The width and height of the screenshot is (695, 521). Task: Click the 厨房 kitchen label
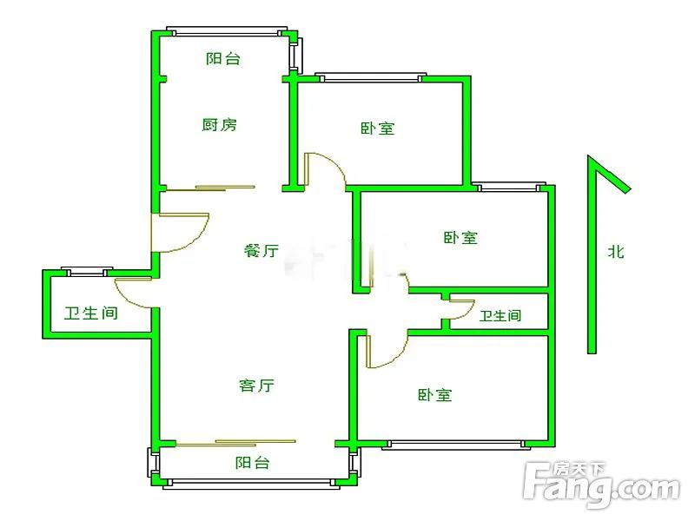click(220, 124)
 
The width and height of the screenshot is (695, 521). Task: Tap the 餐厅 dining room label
click(261, 250)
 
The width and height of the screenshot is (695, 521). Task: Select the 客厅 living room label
click(256, 385)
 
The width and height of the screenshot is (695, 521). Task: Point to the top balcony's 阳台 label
click(223, 58)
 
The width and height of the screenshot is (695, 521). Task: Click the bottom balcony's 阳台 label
click(252, 463)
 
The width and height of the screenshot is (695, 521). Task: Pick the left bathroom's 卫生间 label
click(91, 313)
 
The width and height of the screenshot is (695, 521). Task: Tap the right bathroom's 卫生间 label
click(500, 316)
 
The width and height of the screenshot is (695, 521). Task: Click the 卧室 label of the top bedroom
click(377, 129)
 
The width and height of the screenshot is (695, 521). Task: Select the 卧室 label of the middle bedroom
click(460, 237)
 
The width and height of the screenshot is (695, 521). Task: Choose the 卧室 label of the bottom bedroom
click(435, 395)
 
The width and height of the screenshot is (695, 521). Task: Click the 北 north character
click(616, 252)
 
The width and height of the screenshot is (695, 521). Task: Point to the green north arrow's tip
click(589, 155)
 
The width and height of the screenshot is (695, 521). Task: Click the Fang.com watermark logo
click(601, 485)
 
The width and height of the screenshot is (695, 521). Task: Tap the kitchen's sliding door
click(210, 188)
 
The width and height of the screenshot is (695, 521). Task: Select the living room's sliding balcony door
click(235, 443)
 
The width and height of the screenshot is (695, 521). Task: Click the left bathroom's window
click(87, 272)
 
